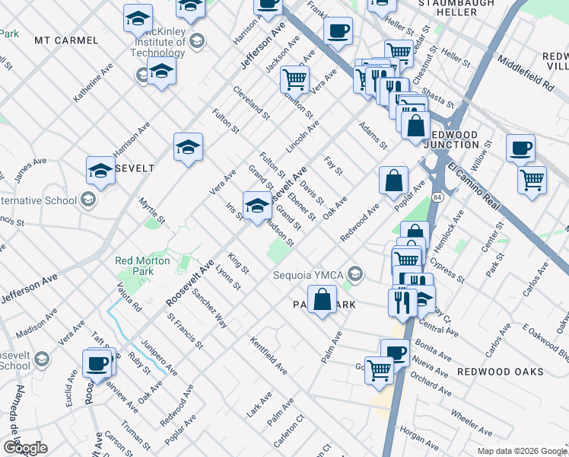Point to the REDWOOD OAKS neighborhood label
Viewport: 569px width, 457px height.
click(x=500, y=371)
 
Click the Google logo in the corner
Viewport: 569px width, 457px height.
click(x=24, y=448)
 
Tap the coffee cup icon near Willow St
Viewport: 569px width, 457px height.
click(x=520, y=148)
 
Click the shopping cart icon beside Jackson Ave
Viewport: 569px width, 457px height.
click(x=294, y=78)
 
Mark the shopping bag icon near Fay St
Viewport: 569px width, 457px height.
click(x=393, y=181)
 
